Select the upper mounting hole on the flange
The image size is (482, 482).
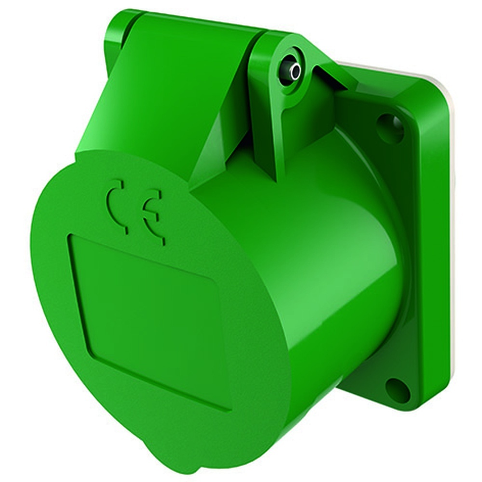point(390,126)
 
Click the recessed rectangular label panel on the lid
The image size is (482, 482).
point(149,318)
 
